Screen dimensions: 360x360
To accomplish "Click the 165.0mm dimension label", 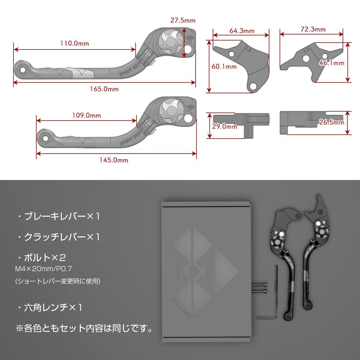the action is click(x=104, y=89).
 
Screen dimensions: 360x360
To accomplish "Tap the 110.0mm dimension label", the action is click(x=75, y=43).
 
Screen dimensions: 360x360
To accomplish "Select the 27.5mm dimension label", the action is click(x=183, y=21).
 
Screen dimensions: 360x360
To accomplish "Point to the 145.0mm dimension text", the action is click(x=114, y=160).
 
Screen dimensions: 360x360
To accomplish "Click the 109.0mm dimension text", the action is click(x=86, y=115).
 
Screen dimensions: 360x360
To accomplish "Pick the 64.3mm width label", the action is click(x=242, y=31).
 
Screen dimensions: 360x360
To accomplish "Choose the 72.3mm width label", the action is click(x=313, y=29).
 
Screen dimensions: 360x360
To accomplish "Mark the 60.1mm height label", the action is click(x=224, y=67).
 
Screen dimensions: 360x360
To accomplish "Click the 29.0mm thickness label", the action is click(x=224, y=127).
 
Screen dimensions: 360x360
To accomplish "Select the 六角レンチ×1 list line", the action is click(x=49, y=307).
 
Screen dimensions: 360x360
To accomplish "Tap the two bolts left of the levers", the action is click(x=260, y=288).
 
